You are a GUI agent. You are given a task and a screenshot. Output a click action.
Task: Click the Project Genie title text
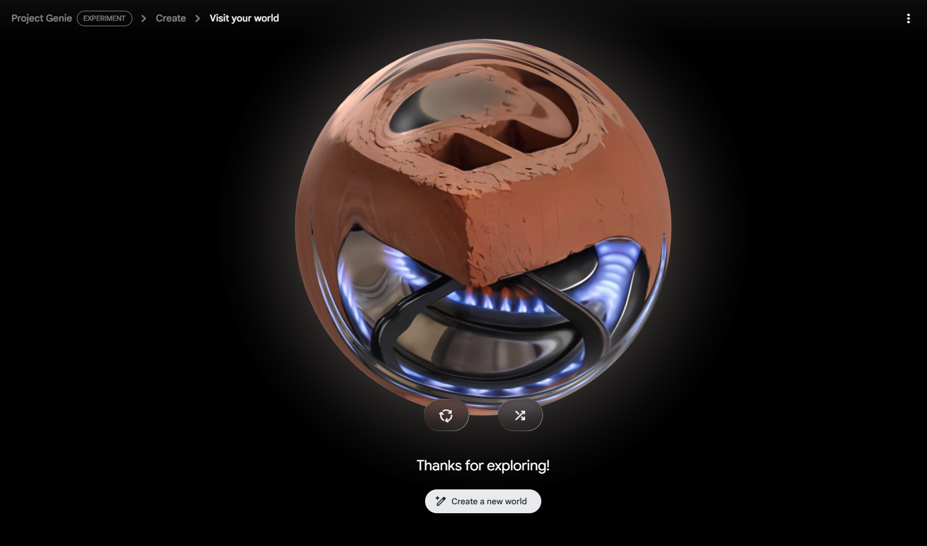41,18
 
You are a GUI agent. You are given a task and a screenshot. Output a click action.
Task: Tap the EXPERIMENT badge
104,18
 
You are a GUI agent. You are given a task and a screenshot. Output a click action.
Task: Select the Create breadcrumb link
170,18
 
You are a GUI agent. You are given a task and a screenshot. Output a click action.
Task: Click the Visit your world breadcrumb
244,18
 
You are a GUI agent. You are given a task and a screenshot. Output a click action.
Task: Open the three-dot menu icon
908,18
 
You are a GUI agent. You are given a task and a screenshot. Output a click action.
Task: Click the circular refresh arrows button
446,415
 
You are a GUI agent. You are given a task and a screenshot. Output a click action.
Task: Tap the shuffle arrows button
520,415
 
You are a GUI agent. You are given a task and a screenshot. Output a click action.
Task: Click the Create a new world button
483,501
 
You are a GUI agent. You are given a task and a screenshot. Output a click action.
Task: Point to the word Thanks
439,466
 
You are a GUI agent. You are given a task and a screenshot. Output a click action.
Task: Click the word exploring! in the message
518,466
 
